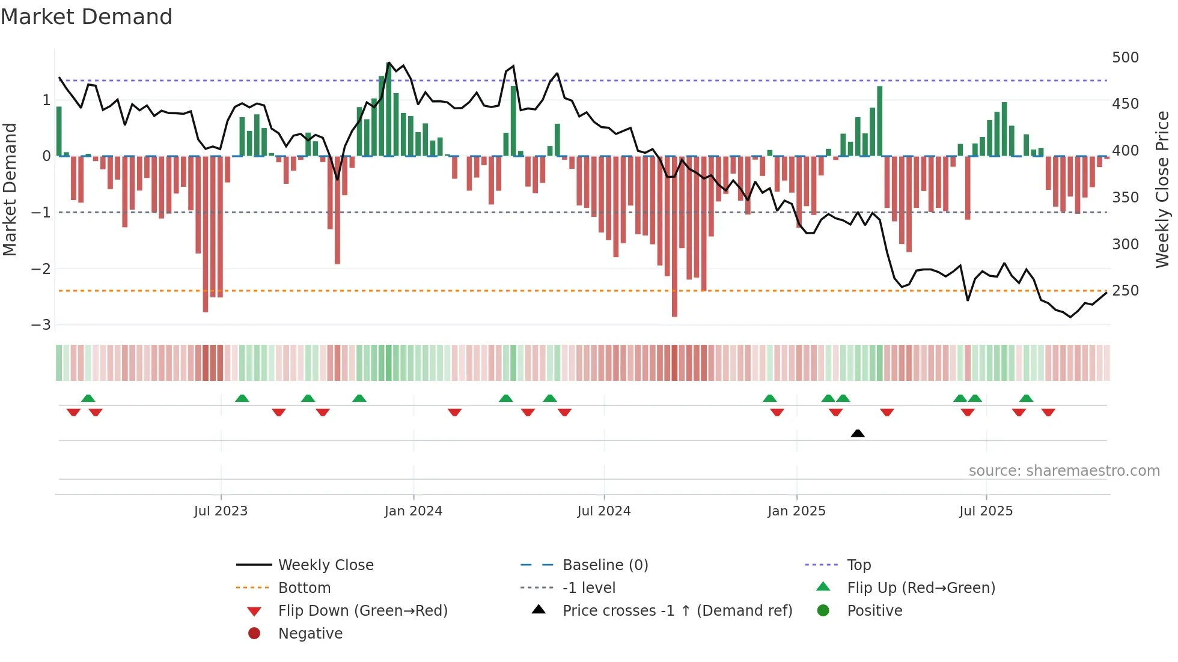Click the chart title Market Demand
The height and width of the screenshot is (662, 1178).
point(87,17)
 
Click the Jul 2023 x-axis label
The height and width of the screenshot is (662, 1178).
point(221,511)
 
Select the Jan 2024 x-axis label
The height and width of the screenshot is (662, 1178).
point(414,511)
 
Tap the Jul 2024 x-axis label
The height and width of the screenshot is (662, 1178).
point(604,511)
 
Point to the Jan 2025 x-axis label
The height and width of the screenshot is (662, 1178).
point(796,511)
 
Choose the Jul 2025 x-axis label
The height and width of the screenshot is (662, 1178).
point(986,511)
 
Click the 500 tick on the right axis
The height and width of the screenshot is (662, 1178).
point(1125,58)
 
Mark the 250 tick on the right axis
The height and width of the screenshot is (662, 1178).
point(1125,291)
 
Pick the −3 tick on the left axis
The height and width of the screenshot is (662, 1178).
point(41,325)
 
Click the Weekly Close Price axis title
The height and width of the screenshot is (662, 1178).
point(1162,189)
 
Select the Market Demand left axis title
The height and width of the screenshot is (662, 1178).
point(10,189)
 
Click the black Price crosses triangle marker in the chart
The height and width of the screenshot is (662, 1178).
point(858,433)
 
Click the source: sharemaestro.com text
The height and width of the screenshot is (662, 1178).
point(1064,471)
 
